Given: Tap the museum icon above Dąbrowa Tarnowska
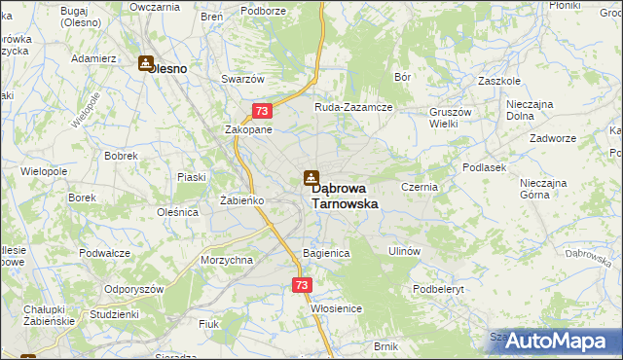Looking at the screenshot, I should pyautogui.click(x=311, y=178).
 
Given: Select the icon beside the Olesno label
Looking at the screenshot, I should pyautogui.click(x=146, y=64).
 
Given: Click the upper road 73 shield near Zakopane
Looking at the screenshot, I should pyautogui.click(x=261, y=112).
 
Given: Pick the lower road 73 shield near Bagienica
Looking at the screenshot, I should pyautogui.click(x=302, y=285).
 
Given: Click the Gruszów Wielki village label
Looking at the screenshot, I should pyautogui.click(x=450, y=118).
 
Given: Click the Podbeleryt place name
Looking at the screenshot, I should pyautogui.click(x=440, y=289).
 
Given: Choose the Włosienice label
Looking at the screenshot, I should pyautogui.click(x=337, y=308).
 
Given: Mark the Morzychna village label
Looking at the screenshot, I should pyautogui.click(x=227, y=261).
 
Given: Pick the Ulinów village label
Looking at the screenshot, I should pyautogui.click(x=404, y=251).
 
